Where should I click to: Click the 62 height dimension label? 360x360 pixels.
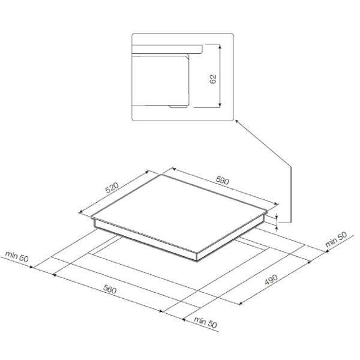tap(213, 79)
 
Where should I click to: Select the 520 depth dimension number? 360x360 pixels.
tap(112, 188)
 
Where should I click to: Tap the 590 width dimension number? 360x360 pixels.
tap(222, 181)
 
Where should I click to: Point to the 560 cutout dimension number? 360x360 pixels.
tap(110, 289)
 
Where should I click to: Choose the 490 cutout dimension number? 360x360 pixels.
tap(271, 280)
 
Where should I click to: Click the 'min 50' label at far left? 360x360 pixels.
tap(17, 256)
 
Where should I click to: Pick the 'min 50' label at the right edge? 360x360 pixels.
tap(336, 239)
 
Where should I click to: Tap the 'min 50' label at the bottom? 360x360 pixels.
tap(205, 322)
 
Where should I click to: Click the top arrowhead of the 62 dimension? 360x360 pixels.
tap(220, 47)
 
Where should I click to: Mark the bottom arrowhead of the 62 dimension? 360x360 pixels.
tap(220, 105)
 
